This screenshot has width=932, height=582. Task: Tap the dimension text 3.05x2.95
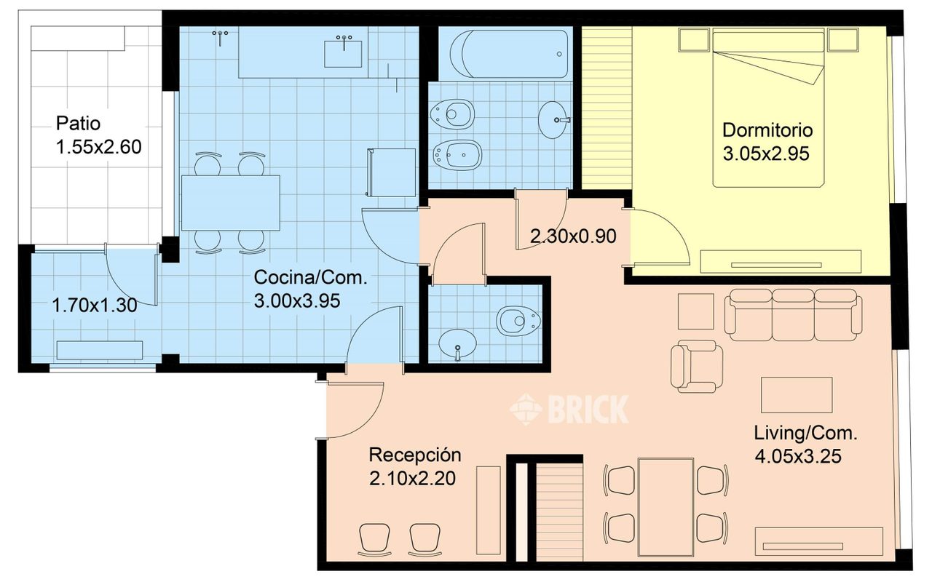tap(767, 154)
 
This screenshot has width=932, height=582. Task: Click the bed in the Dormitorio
tap(768, 109)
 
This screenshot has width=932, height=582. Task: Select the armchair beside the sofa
tap(698, 366)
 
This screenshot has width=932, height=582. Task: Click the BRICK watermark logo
tap(569, 408)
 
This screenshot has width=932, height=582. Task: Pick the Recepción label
tap(415, 455)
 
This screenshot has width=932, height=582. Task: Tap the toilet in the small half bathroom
tap(518, 319)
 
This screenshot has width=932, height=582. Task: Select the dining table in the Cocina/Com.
tap(230, 202)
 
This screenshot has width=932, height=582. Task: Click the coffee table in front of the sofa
tap(796, 394)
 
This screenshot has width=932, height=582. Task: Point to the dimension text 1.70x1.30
tap(95, 306)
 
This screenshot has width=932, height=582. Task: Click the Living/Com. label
tap(805, 434)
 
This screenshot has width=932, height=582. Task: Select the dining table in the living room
tap(666, 506)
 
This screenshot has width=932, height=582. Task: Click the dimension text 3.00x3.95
tap(297, 300)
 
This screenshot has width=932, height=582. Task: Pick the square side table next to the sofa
tap(696, 311)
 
